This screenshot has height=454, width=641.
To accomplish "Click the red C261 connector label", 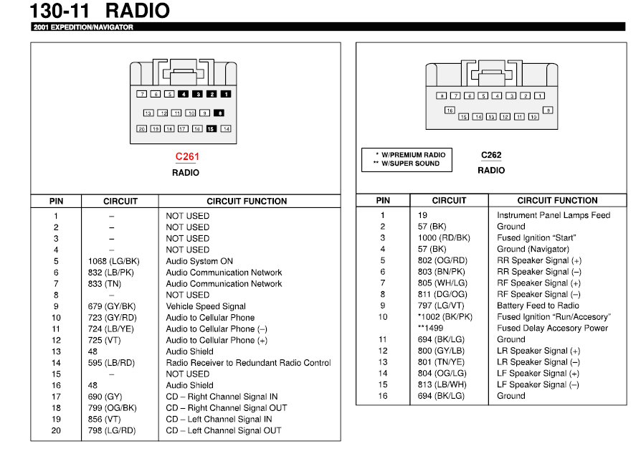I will pyautogui.click(x=187, y=156).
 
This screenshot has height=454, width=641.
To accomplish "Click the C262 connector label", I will pyautogui.click(x=491, y=155).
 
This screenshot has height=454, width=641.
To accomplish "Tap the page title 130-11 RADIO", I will pyautogui.click(x=100, y=11).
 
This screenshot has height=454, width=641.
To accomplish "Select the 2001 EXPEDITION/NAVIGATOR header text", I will pyautogui.click(x=82, y=27).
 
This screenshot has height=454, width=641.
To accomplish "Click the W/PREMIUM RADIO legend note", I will pyautogui.click(x=412, y=155).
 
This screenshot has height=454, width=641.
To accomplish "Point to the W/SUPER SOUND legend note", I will pyautogui.click(x=411, y=164).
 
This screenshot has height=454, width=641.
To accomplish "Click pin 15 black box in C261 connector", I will pyautogui.click(x=211, y=129).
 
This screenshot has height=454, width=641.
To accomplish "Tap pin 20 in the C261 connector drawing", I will pyautogui.click(x=142, y=129).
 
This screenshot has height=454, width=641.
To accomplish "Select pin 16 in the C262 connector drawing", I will pyautogui.click(x=450, y=110).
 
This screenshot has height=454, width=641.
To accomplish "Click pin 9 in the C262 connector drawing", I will pyautogui.click(x=548, y=110).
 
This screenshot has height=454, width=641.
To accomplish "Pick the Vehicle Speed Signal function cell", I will pyautogui.click(x=206, y=306).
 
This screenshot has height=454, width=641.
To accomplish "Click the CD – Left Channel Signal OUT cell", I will pyautogui.click(x=224, y=430).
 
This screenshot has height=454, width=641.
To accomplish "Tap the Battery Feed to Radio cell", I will pyautogui.click(x=538, y=306).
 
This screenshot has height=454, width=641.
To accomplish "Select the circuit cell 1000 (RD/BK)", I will pyautogui.click(x=444, y=237).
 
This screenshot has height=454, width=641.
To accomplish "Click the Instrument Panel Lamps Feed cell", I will pyautogui.click(x=554, y=215).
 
